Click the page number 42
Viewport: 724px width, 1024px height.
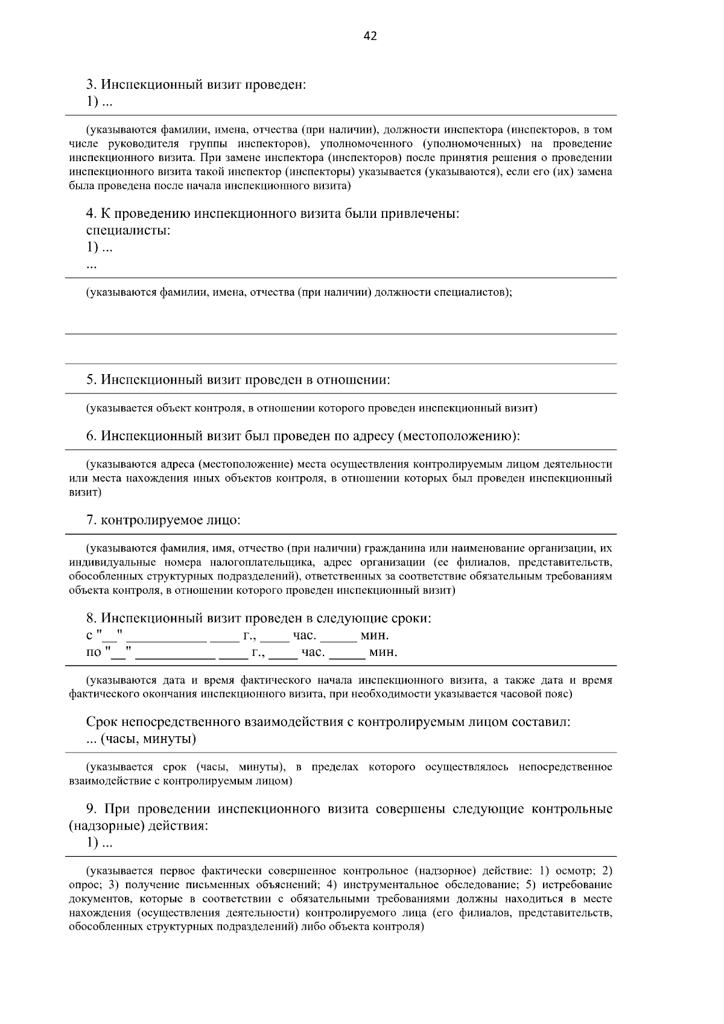point(370,37)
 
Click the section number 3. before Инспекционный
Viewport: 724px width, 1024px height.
point(92,84)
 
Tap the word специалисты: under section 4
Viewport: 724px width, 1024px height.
point(128,231)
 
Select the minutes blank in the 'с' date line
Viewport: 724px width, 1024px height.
point(338,635)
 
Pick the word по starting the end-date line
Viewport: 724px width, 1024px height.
point(94,652)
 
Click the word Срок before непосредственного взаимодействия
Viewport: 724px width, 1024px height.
point(102,722)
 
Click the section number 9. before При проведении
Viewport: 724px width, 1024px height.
point(93,809)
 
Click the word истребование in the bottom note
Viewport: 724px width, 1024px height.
point(577,885)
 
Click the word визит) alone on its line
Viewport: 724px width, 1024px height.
point(85,492)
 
